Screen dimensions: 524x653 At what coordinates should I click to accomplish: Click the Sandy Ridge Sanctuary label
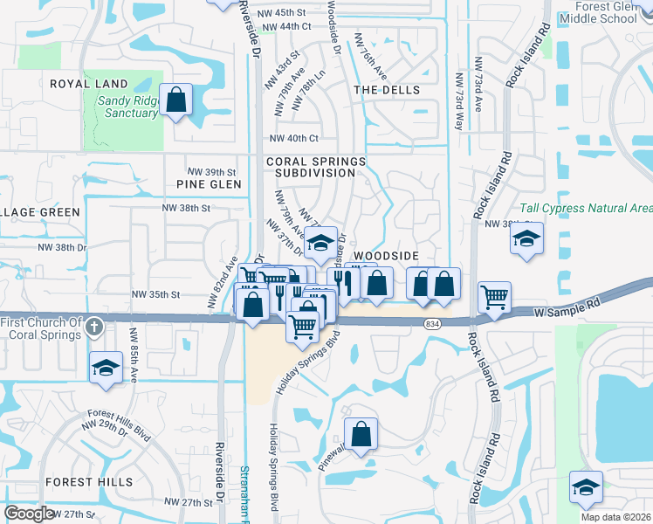coord(127,107)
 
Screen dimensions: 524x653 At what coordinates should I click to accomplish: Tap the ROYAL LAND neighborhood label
coord(89,84)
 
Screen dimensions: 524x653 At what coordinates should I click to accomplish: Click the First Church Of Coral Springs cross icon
coord(96,328)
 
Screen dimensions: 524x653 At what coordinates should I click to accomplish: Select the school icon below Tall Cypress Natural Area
coord(526,238)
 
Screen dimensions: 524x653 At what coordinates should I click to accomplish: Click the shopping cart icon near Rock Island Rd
coord(494,297)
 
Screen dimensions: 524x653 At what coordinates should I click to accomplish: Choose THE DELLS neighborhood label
coord(387,90)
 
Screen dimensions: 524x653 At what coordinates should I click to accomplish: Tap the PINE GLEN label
coord(209,184)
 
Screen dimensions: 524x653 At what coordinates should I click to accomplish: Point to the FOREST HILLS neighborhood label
coord(90,482)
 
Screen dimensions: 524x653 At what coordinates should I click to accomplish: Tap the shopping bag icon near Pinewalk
coord(361,433)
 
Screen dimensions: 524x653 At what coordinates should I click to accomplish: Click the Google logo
coord(29,514)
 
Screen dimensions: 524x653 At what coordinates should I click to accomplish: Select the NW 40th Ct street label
coord(294,138)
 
